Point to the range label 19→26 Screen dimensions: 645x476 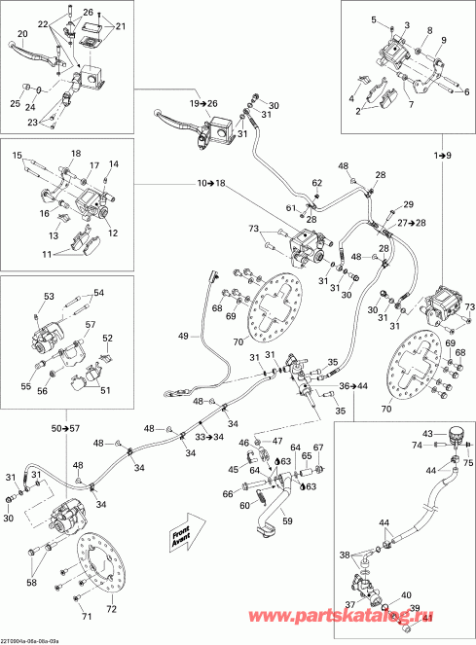pos(205,103)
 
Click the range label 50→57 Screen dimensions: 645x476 pos(67,428)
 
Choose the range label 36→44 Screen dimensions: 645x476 pos(353,387)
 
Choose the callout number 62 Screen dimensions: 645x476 pos(316,182)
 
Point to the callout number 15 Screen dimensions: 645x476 pos(17,156)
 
